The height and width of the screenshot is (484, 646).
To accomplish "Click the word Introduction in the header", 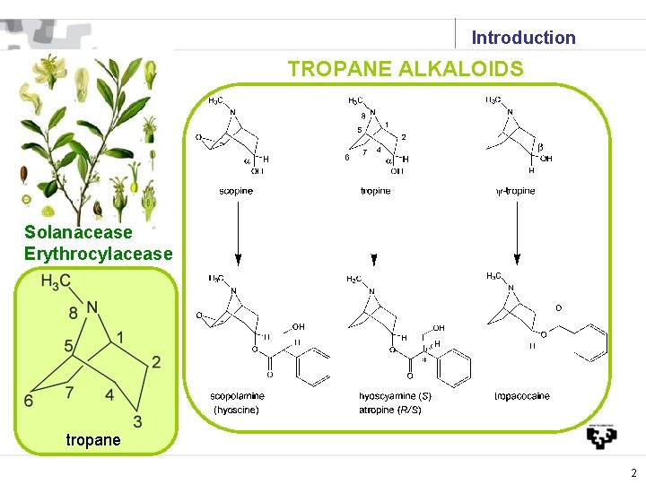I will pyautogui.click(x=523, y=38).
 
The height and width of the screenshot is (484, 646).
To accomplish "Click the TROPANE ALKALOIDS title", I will pyautogui.click(x=406, y=69).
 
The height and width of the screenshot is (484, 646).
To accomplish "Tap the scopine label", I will pyautogui.click(x=236, y=191).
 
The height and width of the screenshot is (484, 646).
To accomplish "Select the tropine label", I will pyautogui.click(x=375, y=191).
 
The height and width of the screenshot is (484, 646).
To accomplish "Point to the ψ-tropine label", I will pyautogui.click(x=515, y=191).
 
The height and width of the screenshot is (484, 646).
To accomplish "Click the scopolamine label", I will pyautogui.click(x=237, y=396).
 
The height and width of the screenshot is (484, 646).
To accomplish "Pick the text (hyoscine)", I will pyautogui.click(x=236, y=410).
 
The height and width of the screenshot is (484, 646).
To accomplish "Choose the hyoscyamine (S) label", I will pyautogui.click(x=395, y=396).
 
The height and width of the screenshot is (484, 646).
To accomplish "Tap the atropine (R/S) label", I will pyautogui.click(x=390, y=410).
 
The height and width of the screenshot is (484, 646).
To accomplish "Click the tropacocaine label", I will pyautogui.click(x=522, y=396).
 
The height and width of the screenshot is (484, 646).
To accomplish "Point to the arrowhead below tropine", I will pyautogui.click(x=374, y=262).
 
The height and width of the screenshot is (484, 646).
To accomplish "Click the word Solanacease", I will pyautogui.click(x=78, y=233).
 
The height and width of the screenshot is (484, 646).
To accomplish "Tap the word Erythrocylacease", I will pyautogui.click(x=98, y=254).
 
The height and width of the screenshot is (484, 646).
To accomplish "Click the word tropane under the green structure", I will pyautogui.click(x=92, y=440).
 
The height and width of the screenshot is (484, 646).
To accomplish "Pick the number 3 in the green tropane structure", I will pyautogui.click(x=137, y=422).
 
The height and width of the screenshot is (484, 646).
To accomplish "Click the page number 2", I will pyautogui.click(x=633, y=473).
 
